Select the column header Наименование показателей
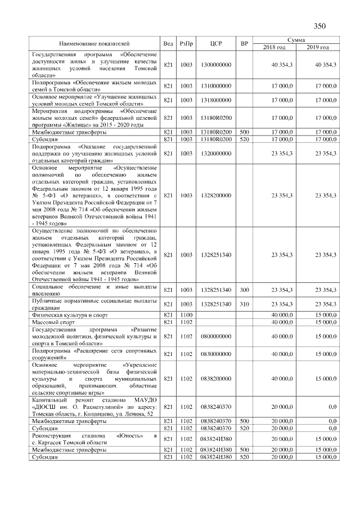(x=94, y=43)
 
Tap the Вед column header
(x=168, y=43)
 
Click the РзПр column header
(x=186, y=43)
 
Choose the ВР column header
(x=244, y=43)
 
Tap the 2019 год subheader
(x=318, y=47)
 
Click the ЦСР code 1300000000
(x=215, y=65)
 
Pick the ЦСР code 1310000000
(x=215, y=85)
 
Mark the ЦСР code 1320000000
(x=215, y=152)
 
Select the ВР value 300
(x=244, y=290)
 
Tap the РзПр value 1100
(x=186, y=314)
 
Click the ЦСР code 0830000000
(x=215, y=354)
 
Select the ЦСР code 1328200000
(x=215, y=195)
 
